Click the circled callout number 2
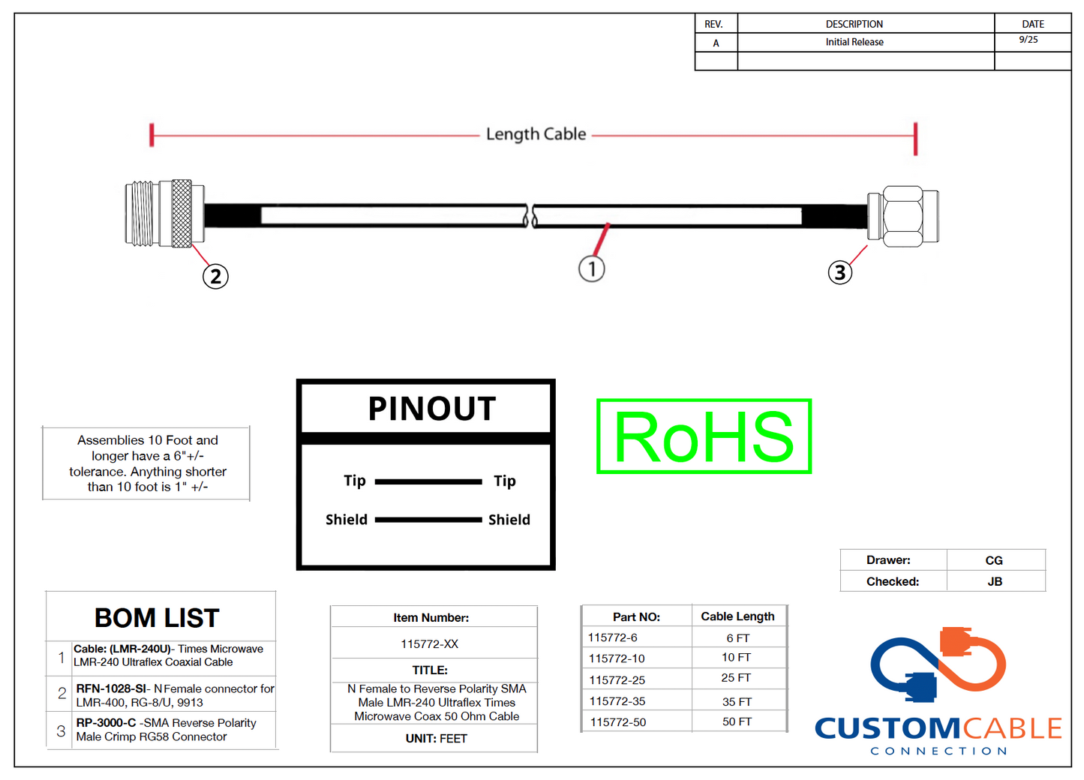tap(215, 277)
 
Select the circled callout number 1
tap(591, 268)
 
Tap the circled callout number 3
tap(839, 272)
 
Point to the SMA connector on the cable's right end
tap(904, 216)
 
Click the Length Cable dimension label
tap(536, 134)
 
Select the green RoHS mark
tap(704, 436)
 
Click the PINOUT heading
tap(431, 409)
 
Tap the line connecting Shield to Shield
tap(428, 519)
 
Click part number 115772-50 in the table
tap(617, 722)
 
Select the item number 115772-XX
tap(429, 644)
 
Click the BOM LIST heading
tap(157, 618)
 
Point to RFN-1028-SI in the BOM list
tap(111, 688)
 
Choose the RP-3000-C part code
tap(106, 723)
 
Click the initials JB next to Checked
tap(995, 582)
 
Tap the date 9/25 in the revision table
tap(1028, 40)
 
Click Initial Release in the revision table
tap(854, 42)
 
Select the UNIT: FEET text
tap(436, 739)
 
